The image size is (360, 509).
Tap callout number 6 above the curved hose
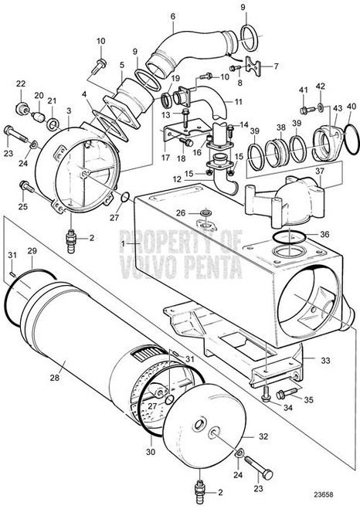(172, 16)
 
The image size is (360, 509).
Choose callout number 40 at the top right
(352, 106)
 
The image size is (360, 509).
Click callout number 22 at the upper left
(21, 83)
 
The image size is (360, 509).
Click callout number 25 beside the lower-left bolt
(21, 206)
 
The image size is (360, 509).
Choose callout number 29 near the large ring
(32, 252)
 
